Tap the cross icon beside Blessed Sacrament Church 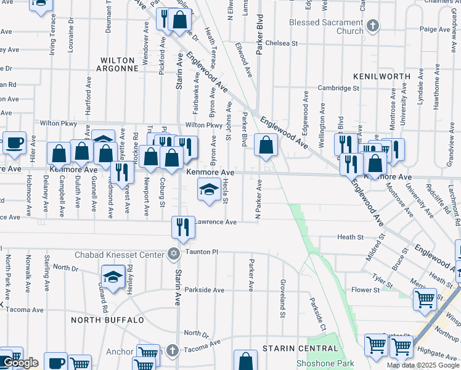(x=372, y=25)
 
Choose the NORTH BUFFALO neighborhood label (x=102, y=319)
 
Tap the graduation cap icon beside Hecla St (x=209, y=189)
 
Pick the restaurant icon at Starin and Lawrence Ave (x=183, y=227)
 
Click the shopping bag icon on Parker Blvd (x=266, y=146)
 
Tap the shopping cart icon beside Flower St (x=425, y=299)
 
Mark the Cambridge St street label (x=338, y=88)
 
